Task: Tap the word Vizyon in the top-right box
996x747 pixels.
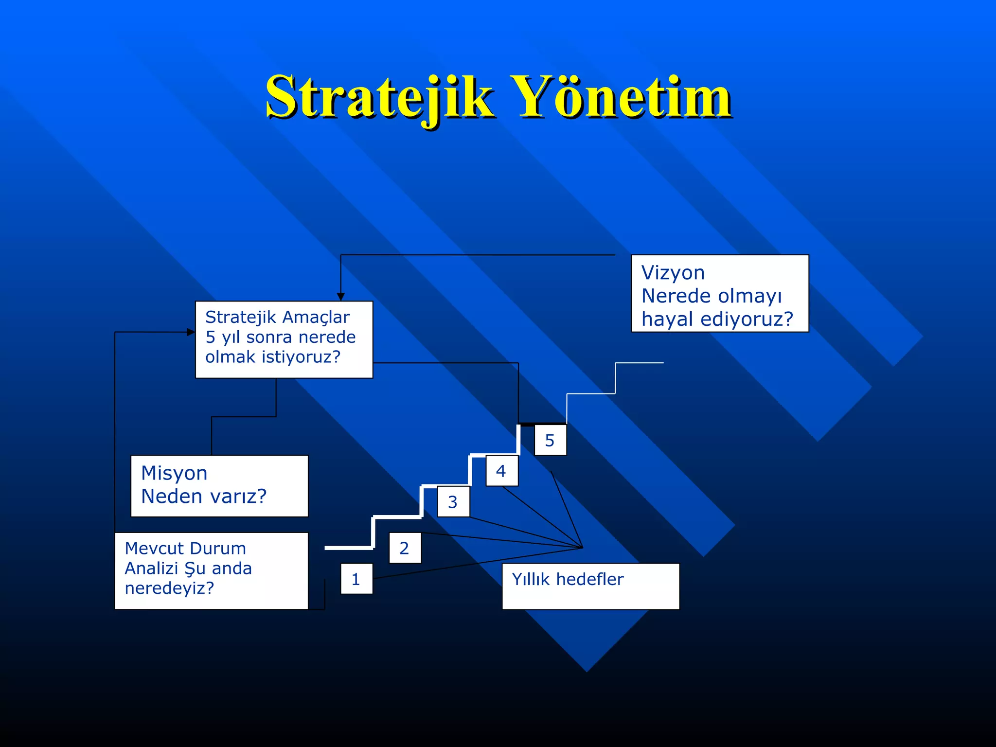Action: pos(673,273)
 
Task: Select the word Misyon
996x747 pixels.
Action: pos(174,473)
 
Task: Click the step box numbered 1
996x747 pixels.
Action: pos(356,579)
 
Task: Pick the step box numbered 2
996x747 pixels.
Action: pos(405,548)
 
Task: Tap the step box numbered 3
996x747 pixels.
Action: pos(453,501)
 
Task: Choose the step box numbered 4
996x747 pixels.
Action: pos(501,471)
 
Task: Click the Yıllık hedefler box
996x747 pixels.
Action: pos(590,586)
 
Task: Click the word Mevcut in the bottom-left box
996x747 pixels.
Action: pos(154,549)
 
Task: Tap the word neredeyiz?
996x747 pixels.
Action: pos(169,588)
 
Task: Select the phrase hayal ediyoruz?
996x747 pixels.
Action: pos(717,320)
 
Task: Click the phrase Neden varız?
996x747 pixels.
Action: pos(204,497)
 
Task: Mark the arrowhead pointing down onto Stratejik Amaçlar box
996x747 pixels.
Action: pos(341,297)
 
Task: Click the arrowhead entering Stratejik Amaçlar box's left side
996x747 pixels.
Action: pos(191,332)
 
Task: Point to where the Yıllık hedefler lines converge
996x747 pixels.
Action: pos(582,548)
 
